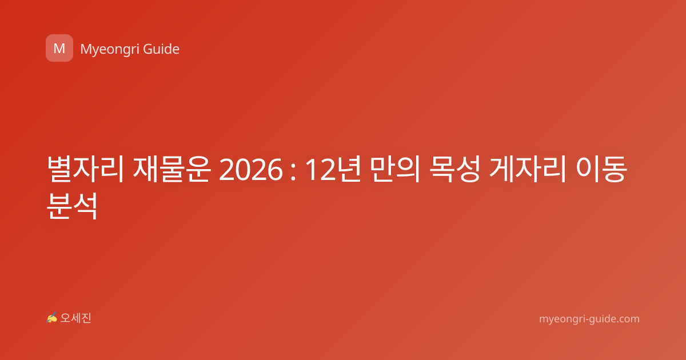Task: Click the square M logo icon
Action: point(59,48)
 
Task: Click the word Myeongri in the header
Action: point(110,50)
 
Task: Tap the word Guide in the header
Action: point(161,49)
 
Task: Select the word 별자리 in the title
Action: point(85,169)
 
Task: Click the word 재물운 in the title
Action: point(172,169)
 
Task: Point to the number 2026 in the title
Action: point(251,170)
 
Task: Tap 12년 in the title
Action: point(333,169)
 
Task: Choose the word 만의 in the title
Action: point(394,169)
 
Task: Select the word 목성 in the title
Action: point(454,169)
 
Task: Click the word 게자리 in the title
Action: point(527,169)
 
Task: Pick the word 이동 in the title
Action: point(601,169)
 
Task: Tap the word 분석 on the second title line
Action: point(72,206)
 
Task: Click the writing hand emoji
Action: point(52,318)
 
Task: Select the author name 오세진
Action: point(75,318)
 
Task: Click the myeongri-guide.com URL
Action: point(589,319)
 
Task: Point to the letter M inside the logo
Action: point(59,49)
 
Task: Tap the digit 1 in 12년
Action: point(312,170)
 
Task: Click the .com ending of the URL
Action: point(627,319)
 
